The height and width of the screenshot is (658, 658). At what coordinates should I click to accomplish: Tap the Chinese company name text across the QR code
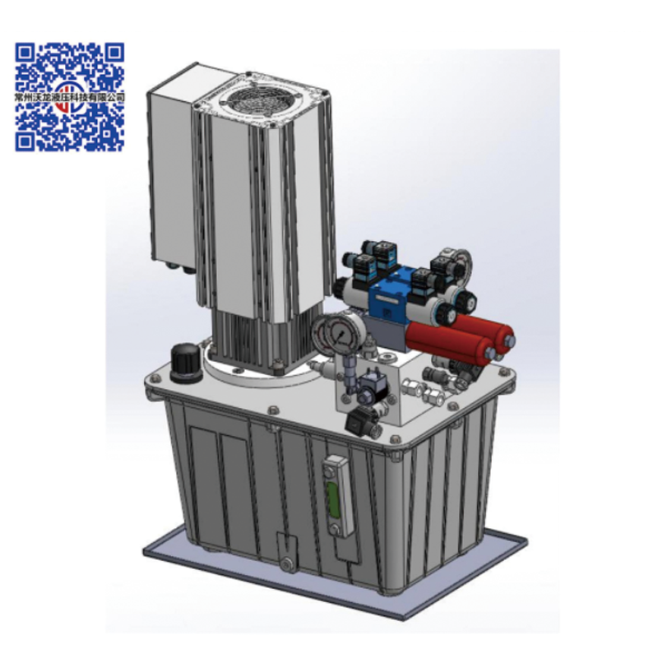pos(70,96)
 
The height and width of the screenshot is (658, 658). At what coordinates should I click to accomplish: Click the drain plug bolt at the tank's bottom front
pos(285,563)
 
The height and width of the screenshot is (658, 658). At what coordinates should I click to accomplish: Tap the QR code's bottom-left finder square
pos(25,141)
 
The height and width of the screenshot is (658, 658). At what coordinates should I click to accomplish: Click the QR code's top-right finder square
pos(115,54)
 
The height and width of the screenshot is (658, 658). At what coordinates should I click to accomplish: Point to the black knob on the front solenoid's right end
pos(449,313)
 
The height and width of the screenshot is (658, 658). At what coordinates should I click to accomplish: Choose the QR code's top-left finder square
pos(25,54)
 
